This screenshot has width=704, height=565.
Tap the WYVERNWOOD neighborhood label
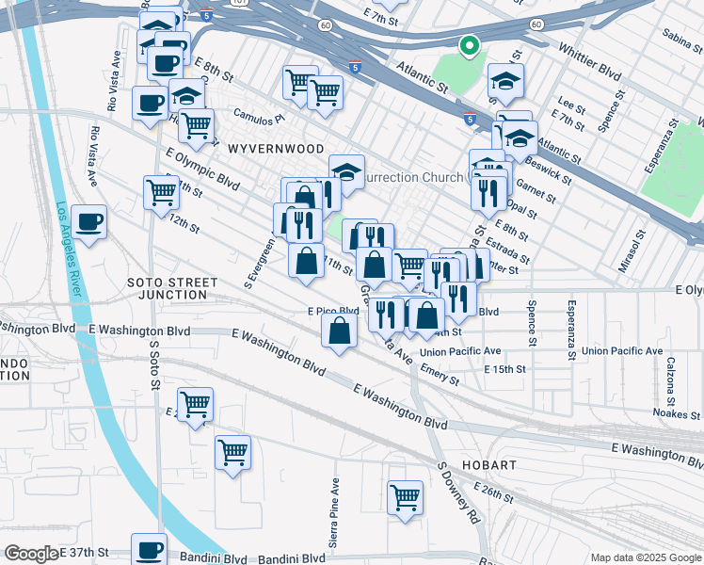pyautogui.click(x=276, y=149)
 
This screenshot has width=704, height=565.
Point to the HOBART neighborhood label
pyautogui.click(x=488, y=465)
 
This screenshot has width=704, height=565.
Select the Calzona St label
pyautogui.click(x=673, y=376)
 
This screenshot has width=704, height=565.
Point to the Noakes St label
pyautogui.click(x=677, y=413)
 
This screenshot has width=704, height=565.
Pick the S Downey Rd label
pyautogui.click(x=458, y=492)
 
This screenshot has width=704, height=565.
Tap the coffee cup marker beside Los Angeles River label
pyautogui.click(x=89, y=222)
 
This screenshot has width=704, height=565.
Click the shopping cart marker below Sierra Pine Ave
pyautogui.click(x=406, y=496)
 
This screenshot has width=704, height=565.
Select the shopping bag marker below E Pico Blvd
pyautogui.click(x=340, y=331)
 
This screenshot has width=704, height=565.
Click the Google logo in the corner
pyautogui.click(x=31, y=554)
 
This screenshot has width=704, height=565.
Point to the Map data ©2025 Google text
pyautogui.click(x=645, y=557)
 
